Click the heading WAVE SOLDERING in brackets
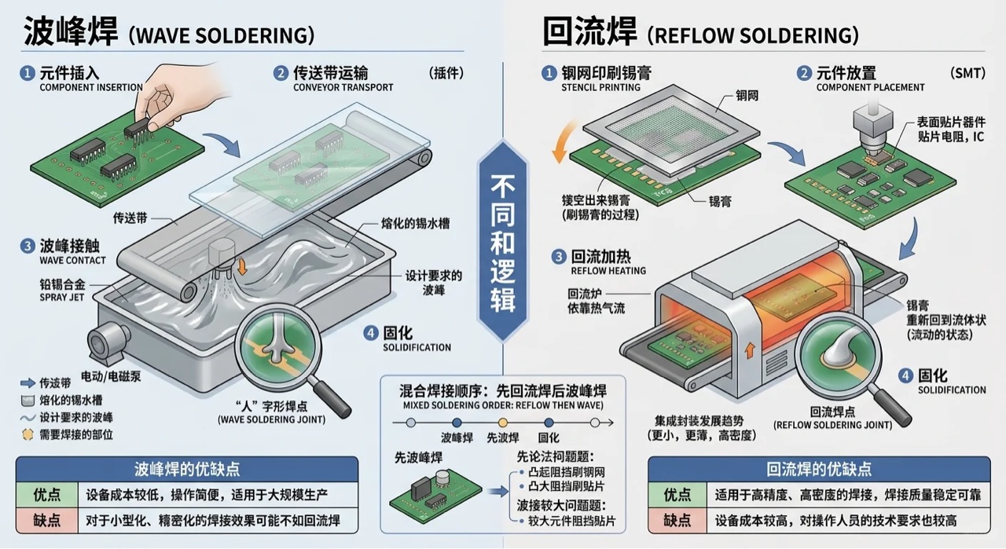[220, 35]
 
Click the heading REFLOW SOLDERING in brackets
[752, 35]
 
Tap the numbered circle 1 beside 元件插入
[28, 73]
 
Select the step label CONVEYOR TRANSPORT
[343, 87]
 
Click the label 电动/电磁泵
[112, 375]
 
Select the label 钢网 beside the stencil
[747, 96]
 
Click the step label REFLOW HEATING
[608, 270]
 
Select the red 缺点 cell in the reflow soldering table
[677, 521]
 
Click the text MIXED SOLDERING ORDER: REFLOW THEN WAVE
[502, 405]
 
